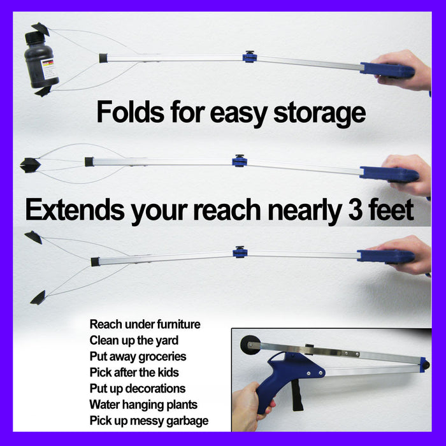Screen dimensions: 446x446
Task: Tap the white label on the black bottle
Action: [49, 69]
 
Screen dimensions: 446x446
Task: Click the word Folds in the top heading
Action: [131, 111]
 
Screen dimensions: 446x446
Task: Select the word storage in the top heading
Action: [319, 113]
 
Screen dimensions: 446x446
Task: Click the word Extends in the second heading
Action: [75, 210]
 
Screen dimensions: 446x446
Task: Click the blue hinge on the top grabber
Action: [250, 57]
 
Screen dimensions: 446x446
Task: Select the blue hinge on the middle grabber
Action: [240, 161]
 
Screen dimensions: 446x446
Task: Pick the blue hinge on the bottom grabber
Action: [240, 252]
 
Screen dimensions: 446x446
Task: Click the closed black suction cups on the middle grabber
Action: [31, 165]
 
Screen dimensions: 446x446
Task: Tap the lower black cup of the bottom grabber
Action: [38, 298]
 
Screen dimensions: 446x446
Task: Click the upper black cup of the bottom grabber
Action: [34, 237]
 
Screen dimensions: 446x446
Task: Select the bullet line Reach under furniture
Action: [145, 324]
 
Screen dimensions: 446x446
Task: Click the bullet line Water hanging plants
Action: [143, 405]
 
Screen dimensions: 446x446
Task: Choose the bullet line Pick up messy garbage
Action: [149, 421]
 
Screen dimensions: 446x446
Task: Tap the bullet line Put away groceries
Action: [138, 357]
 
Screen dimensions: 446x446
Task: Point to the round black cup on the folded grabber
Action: [250, 345]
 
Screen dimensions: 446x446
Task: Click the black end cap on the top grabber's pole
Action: [103, 58]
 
